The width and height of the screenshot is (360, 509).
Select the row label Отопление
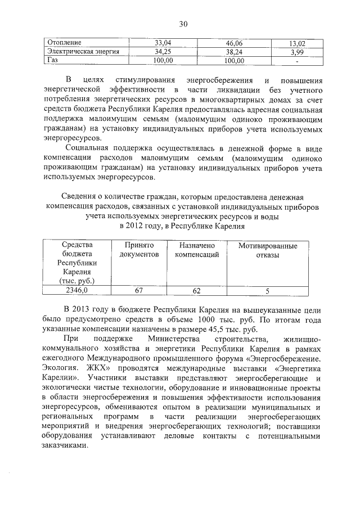(x=65, y=42)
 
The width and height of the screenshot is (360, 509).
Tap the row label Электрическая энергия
(x=83, y=51)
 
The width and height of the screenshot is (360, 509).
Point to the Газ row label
(x=53, y=60)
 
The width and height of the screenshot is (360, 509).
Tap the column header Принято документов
(x=140, y=250)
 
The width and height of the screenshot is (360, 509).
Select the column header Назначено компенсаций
(x=196, y=250)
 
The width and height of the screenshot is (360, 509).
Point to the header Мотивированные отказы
(x=268, y=250)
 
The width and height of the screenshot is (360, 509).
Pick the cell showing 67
(x=140, y=291)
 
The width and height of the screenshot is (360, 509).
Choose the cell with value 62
(x=196, y=291)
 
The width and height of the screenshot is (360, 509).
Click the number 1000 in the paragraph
(x=220, y=319)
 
